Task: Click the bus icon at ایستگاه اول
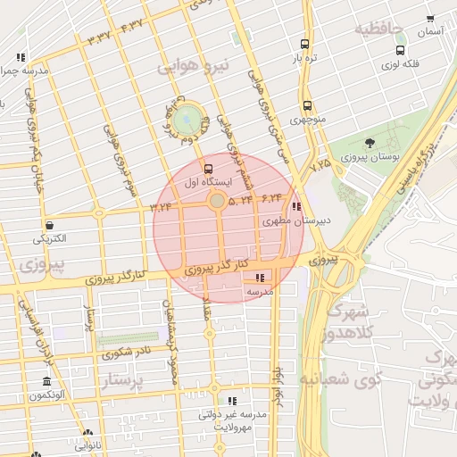[x=209, y=169]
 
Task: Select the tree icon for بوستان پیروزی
[x=370, y=144]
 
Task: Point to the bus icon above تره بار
[x=305, y=44]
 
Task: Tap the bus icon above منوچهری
[x=306, y=105]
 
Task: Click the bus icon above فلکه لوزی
[x=400, y=51]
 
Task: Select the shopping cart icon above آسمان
[x=430, y=18]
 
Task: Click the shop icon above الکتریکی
[x=47, y=226]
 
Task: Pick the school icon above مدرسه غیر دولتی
[x=232, y=402]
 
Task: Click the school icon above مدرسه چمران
[x=21, y=57]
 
